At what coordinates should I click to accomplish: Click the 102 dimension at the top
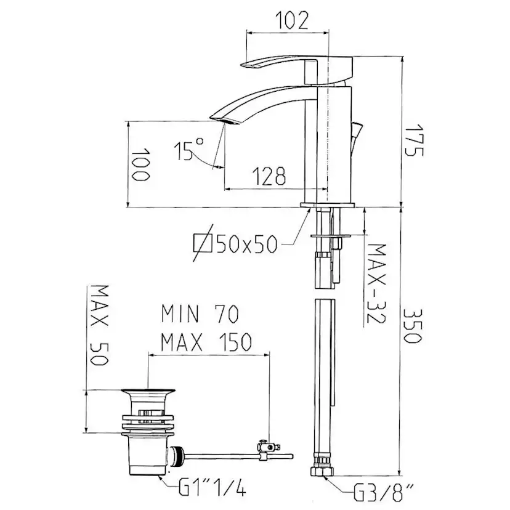pos(292,20)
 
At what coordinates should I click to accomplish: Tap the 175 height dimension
pos(414,140)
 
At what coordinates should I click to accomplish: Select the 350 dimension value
pos(413,326)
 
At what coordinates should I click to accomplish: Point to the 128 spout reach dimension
pos(269,176)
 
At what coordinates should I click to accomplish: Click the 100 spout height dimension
pos(140,164)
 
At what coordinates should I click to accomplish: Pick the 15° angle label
pos(188,150)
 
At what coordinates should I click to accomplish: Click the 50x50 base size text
pos(247,244)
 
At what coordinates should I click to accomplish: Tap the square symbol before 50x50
pos(203,243)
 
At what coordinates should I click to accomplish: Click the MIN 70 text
pos(200,314)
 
